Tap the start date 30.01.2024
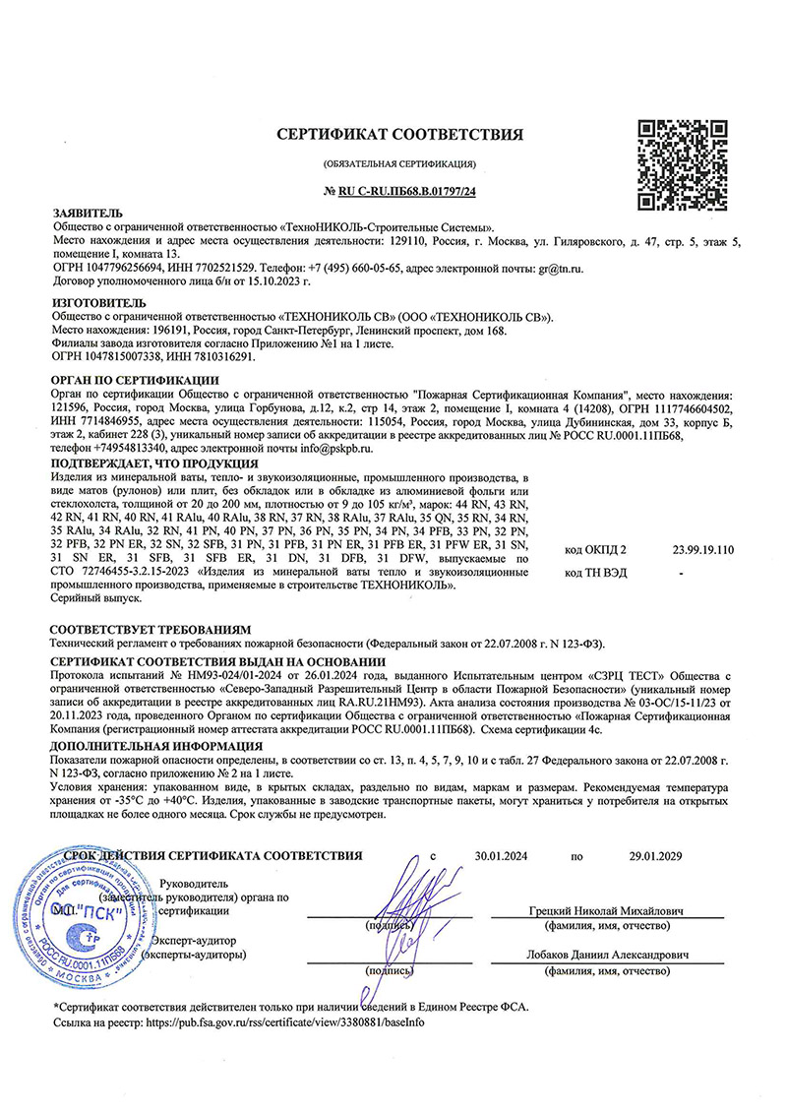point(501,855)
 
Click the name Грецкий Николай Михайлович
point(606,910)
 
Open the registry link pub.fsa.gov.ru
point(284,1023)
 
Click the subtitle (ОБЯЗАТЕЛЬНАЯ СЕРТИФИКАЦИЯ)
point(398,162)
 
